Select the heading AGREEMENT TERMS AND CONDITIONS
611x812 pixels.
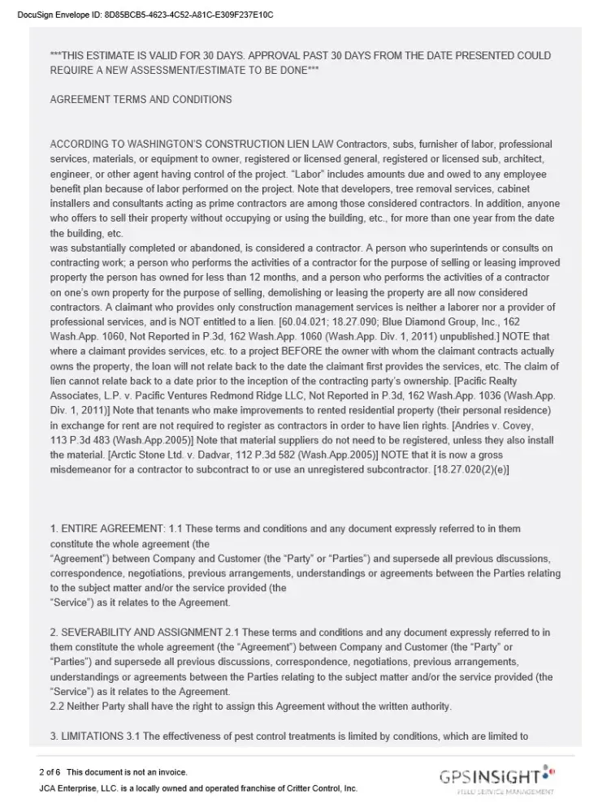[141, 100]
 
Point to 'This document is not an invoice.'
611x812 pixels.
[127, 771]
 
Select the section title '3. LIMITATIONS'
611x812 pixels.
[92, 736]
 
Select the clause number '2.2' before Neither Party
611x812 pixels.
[58, 706]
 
